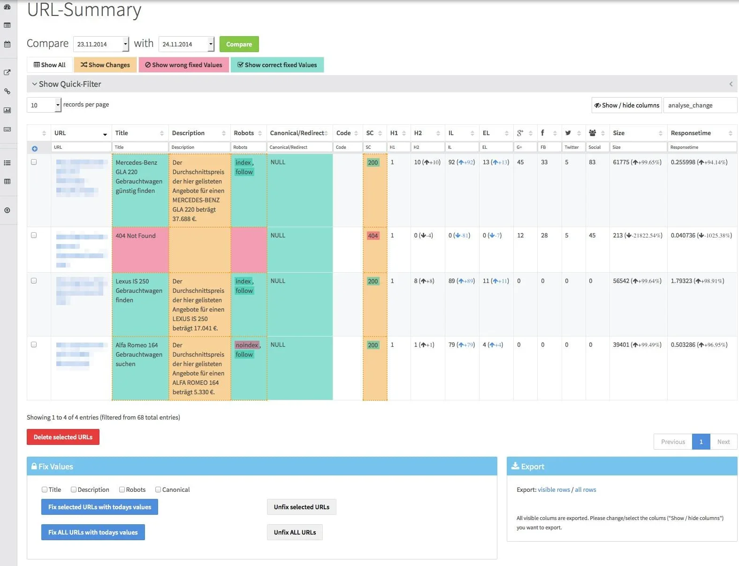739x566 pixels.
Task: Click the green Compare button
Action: [239, 44]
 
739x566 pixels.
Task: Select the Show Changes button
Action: [105, 65]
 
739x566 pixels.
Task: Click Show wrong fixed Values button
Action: [183, 65]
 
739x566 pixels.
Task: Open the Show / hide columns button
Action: [626, 105]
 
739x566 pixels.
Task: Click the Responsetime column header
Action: [691, 133]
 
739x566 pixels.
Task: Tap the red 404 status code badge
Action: [373, 236]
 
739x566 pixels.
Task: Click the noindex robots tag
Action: [247, 345]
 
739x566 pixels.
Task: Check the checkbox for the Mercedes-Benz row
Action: [34, 162]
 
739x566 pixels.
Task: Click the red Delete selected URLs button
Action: [63, 437]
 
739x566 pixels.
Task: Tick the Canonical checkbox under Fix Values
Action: [158, 490]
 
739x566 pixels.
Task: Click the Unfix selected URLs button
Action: [301, 507]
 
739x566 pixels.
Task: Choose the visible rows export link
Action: [554, 490]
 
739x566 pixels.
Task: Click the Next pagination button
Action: [723, 442]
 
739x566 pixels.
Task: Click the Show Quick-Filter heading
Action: [69, 84]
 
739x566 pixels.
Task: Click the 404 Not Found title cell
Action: [136, 236]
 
